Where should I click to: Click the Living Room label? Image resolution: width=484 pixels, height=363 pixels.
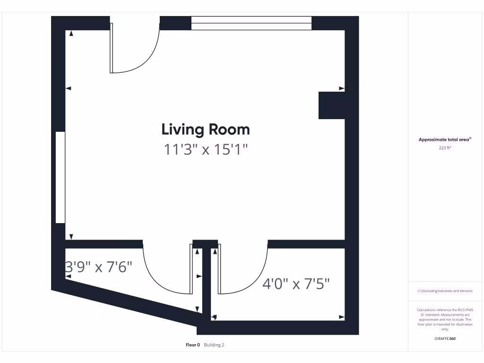coord(206,129)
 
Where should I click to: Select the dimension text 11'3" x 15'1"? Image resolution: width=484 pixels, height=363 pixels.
coord(206,150)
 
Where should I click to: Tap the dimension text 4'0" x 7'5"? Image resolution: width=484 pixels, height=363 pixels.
coord(296,284)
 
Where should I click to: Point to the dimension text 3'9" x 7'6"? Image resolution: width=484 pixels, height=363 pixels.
coord(98,267)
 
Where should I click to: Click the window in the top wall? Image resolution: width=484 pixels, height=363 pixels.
coord(251,23)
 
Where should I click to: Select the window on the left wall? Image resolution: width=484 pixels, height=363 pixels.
coord(60,177)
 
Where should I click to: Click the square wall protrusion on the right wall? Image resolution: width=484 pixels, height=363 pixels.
coord(332,105)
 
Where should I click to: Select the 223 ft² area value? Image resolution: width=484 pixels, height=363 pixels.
coord(444,147)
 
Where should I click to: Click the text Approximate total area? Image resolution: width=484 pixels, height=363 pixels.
coord(444,139)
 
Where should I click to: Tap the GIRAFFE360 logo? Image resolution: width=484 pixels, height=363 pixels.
coord(444,338)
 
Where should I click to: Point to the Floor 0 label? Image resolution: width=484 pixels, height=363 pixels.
coord(193,345)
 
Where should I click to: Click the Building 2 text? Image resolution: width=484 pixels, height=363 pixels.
coord(214,345)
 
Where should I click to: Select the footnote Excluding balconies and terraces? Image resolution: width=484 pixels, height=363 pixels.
coord(444,291)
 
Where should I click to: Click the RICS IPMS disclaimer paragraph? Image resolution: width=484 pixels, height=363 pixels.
coord(444,319)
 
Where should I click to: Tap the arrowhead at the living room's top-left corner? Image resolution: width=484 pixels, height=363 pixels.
coord(71,34)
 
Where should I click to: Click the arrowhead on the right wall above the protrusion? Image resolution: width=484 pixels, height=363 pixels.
coord(342,88)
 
